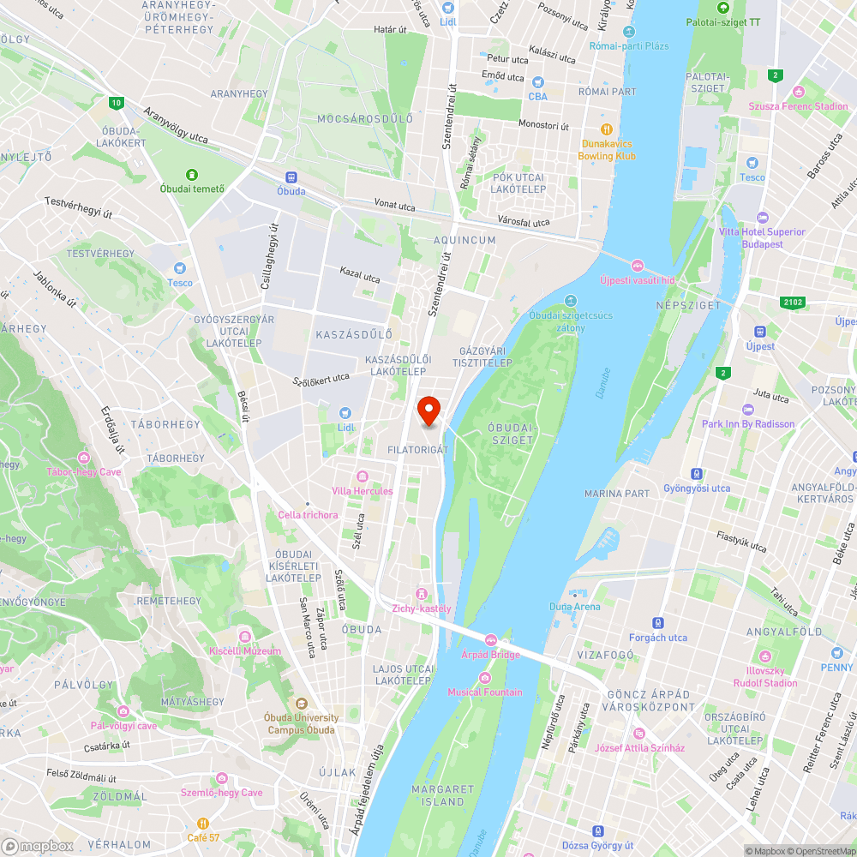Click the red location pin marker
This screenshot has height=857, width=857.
click(x=428, y=411)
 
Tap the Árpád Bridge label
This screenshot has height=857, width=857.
click(x=491, y=655)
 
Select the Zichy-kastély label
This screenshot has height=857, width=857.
click(x=421, y=608)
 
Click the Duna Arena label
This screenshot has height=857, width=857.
click(x=574, y=607)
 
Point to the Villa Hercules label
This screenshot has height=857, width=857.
click(x=363, y=491)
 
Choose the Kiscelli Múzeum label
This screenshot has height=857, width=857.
click(x=245, y=650)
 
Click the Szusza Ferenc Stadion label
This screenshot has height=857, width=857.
click(x=798, y=106)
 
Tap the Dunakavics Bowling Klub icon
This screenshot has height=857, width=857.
click(x=607, y=129)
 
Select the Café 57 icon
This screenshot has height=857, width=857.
click(x=203, y=824)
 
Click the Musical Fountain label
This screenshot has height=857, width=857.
click(x=484, y=692)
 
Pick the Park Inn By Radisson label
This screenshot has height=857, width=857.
click(x=748, y=424)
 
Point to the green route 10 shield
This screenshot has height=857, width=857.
click(x=116, y=104)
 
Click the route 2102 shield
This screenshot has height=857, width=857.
click(x=794, y=303)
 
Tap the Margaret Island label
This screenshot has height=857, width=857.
click(x=442, y=795)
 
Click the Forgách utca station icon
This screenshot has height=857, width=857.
click(x=658, y=624)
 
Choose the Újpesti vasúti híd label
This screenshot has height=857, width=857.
click(x=638, y=280)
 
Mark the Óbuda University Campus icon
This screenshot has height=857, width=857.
click(x=302, y=704)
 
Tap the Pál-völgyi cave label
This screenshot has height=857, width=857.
click(x=123, y=726)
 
